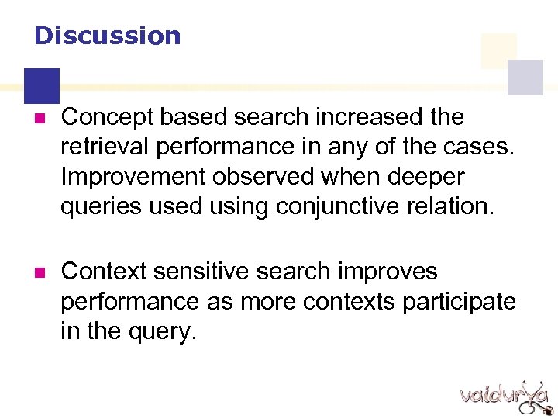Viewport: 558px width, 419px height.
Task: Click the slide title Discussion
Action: [107, 36]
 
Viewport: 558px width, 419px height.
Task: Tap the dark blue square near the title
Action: [41, 85]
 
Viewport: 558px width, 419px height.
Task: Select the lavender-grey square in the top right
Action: [525, 78]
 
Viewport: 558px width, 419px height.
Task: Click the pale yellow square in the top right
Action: [498, 50]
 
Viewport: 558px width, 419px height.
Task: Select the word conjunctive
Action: [343, 206]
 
